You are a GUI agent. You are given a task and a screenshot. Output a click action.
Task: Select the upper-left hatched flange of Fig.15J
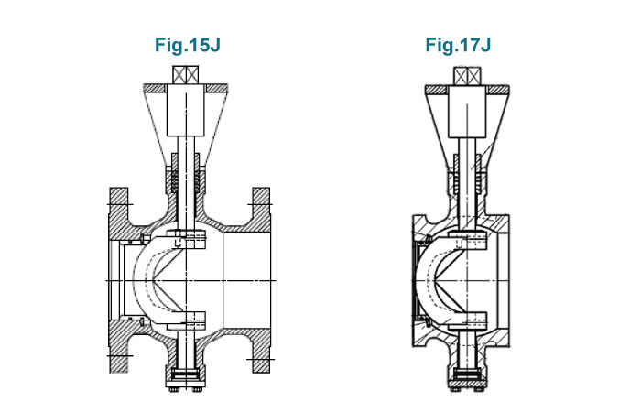click(x=118, y=207)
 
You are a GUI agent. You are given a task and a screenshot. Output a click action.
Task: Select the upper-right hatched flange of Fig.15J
click(x=261, y=207)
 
